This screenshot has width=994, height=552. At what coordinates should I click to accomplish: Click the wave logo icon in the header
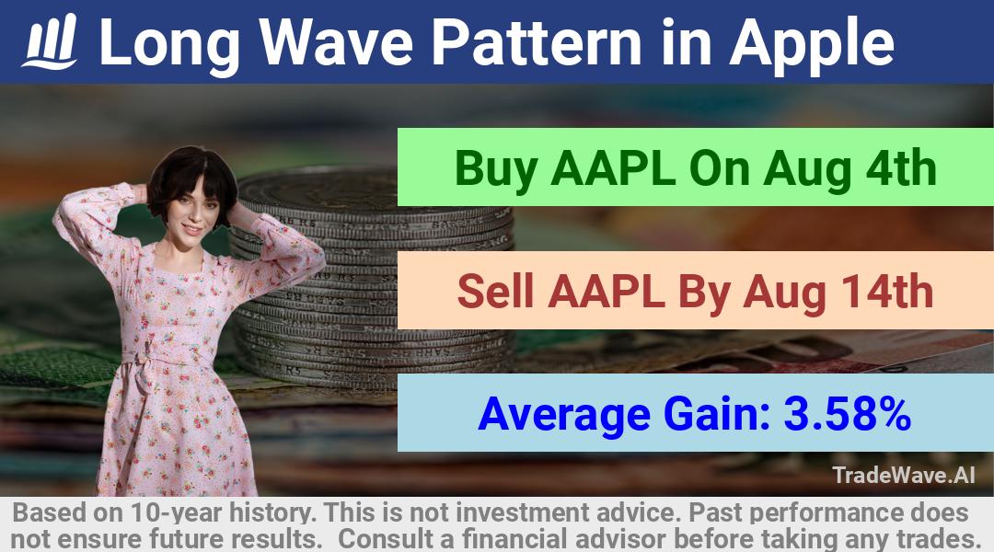(x=50, y=41)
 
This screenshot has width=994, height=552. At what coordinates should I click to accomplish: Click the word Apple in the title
(x=812, y=43)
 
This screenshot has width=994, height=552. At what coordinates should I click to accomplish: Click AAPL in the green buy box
(x=613, y=168)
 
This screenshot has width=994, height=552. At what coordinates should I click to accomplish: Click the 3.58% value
(x=848, y=414)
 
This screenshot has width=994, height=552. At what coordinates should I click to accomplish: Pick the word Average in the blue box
(x=564, y=415)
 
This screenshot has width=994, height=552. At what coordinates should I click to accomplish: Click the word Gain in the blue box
(x=716, y=414)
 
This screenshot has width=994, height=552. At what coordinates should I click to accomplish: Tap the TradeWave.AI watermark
(x=904, y=475)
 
